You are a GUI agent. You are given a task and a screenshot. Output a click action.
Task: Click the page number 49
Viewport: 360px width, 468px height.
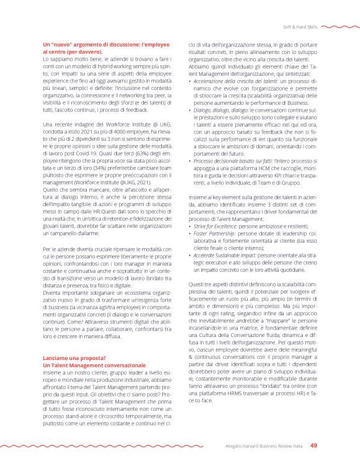[314, 446]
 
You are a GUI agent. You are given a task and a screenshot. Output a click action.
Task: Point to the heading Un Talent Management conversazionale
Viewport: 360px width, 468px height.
[93, 366]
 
